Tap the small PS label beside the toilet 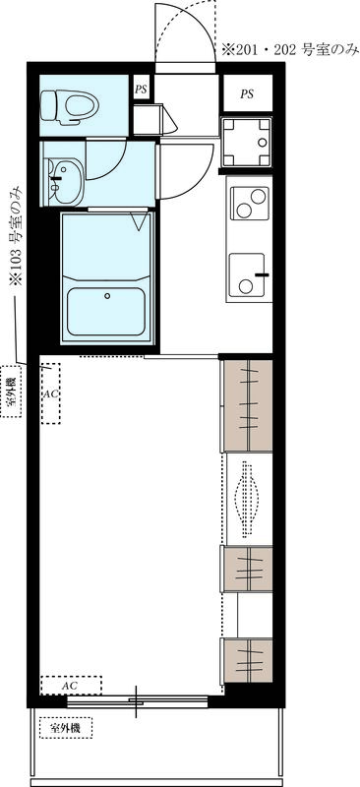tap(142, 89)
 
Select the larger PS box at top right tap(246, 94)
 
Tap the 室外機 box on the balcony tap(65, 729)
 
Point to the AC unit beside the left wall tap(50, 393)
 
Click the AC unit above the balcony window tap(71, 684)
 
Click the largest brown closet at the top tap(247, 404)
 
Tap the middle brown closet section tap(246, 569)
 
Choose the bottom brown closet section tap(246, 661)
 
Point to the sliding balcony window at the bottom tap(137, 701)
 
